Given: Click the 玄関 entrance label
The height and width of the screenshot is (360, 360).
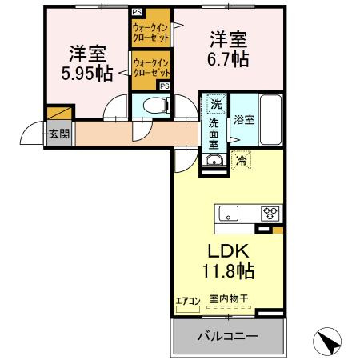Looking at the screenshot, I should point(58,134).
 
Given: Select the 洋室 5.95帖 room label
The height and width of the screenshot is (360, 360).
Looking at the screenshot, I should point(87,64).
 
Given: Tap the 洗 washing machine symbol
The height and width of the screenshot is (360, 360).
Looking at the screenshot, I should point(216,104).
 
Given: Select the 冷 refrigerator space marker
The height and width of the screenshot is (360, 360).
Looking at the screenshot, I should point(241,161).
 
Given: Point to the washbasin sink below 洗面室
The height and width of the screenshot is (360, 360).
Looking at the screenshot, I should point(214,161).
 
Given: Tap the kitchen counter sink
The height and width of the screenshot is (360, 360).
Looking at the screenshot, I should point(228,214).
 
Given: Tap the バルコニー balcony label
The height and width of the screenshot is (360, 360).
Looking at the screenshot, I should point(228,336).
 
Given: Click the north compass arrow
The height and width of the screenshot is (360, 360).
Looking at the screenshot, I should point(328,342).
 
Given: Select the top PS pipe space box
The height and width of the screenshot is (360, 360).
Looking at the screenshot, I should point(138,11).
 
